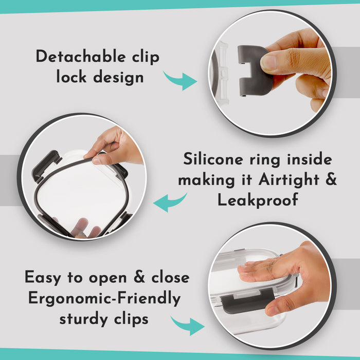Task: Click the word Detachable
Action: (x=80, y=56)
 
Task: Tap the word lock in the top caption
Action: (x=71, y=77)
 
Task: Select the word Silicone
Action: (x=213, y=158)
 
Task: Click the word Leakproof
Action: (x=258, y=200)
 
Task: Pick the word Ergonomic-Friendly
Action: (x=104, y=298)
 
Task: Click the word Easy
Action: (x=43, y=277)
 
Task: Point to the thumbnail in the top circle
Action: (x=268, y=62)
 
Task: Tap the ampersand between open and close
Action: (x=139, y=277)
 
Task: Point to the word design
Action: (x=118, y=77)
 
